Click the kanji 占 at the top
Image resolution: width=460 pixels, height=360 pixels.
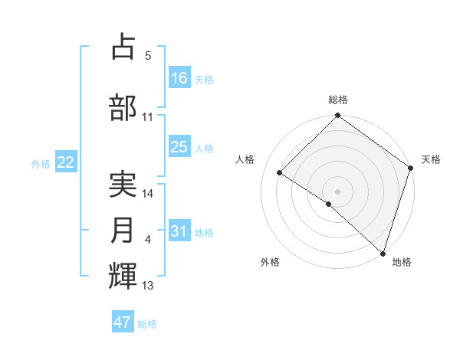[x=123, y=47]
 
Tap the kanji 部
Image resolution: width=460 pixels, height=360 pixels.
[x=123, y=108]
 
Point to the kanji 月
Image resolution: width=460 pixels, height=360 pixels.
[x=123, y=231]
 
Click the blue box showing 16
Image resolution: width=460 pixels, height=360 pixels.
[x=179, y=78]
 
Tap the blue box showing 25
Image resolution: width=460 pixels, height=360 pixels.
[x=179, y=147]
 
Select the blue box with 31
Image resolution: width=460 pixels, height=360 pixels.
[x=179, y=231]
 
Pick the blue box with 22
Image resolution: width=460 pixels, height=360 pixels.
[x=66, y=162]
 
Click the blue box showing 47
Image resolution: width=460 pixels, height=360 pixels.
[x=123, y=322]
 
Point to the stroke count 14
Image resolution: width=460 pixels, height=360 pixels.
[x=149, y=194]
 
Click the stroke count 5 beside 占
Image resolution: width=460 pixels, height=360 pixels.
[x=149, y=55]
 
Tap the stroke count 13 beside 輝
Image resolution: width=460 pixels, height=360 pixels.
[x=149, y=286]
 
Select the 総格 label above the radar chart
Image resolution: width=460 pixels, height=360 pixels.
[x=337, y=100]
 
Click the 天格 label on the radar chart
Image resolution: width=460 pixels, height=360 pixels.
[x=431, y=159]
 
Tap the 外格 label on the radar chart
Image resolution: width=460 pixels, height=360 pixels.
[x=270, y=262]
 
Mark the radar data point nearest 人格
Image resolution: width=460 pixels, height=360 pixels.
[x=280, y=172]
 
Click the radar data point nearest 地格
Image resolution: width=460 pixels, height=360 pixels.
[x=383, y=253]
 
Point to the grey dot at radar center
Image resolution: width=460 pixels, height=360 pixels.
[x=337, y=191]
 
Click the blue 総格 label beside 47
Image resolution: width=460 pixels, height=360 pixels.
[x=147, y=324]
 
